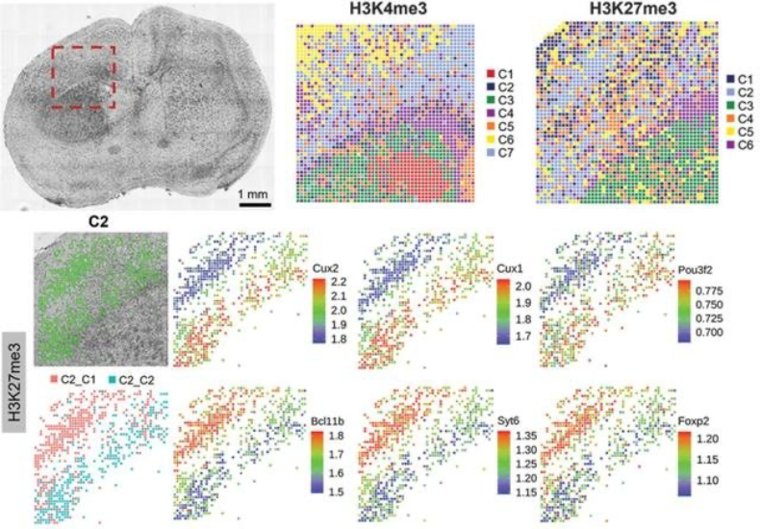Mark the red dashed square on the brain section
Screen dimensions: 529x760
[83, 76]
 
